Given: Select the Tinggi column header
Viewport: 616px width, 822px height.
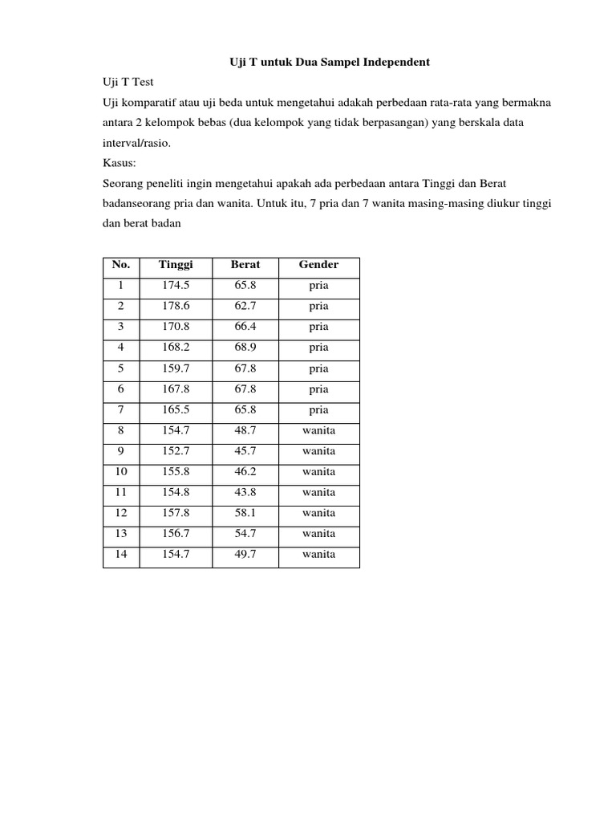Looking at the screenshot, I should tap(176, 265).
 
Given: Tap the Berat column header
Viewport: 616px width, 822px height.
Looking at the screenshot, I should tap(245, 265).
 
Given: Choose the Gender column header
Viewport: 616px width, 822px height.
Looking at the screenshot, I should tap(318, 265).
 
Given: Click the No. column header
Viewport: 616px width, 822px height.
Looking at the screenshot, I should tap(121, 265).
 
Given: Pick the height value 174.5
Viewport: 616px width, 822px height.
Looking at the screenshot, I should tap(176, 286).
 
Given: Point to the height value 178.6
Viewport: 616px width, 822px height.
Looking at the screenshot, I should tap(176, 307).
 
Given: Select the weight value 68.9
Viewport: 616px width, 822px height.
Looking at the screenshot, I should tap(245, 348).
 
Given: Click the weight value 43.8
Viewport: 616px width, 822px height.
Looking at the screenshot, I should tap(245, 492).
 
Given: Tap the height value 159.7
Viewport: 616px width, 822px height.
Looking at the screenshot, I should tap(176, 368).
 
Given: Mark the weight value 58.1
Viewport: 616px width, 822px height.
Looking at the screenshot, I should tap(245, 513).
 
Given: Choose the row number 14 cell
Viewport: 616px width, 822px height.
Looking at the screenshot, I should tap(121, 554).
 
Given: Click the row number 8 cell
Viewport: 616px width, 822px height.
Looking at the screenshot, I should tap(121, 430).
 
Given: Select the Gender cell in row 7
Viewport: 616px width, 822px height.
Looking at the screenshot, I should tap(318, 409).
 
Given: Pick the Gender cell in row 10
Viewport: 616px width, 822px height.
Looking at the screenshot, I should tap(318, 471).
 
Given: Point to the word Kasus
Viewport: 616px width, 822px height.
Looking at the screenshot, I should tap(119, 162).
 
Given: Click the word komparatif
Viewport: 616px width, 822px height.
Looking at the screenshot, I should tap(150, 103).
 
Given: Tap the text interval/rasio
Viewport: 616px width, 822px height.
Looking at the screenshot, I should tap(137, 143).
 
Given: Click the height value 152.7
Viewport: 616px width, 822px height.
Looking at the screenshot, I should tap(176, 451).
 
